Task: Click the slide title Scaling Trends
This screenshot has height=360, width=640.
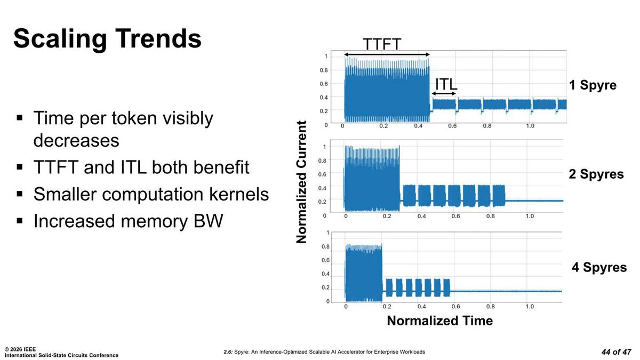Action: [107, 38]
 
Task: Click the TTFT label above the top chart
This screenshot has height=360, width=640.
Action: [382, 44]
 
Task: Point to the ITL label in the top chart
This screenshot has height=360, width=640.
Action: [446, 84]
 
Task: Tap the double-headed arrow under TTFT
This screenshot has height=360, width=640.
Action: [387, 54]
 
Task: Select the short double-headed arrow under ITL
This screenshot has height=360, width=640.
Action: [444, 94]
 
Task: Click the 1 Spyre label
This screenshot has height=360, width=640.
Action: [593, 85]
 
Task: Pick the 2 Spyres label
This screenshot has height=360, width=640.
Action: [596, 174]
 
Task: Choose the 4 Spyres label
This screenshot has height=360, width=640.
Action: [599, 267]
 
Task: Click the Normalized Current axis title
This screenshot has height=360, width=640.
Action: [302, 182]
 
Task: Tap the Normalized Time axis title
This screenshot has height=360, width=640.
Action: [439, 321]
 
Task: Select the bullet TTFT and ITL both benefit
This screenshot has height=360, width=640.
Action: [141, 167]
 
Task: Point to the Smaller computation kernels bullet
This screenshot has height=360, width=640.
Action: [151, 194]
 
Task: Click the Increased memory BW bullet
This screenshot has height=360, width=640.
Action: [127, 221]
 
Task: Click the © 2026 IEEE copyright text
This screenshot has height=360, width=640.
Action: [20, 349]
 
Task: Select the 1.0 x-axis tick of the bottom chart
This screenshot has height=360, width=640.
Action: [530, 307]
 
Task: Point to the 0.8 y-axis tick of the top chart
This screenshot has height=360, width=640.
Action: [323, 70]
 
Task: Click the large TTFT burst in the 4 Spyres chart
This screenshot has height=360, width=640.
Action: [364, 272]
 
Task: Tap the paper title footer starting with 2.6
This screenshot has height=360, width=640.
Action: [324, 352]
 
